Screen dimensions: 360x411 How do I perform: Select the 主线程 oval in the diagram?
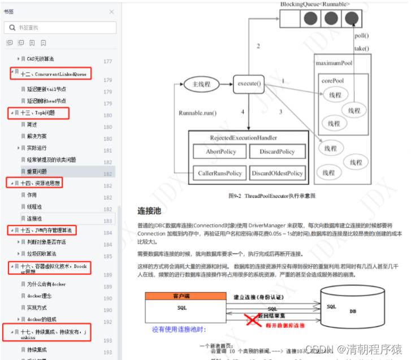point(201,85)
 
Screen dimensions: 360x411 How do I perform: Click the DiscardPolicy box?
point(277,151)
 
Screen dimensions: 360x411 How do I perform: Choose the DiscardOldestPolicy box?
point(277,173)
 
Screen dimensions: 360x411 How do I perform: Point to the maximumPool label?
point(341,63)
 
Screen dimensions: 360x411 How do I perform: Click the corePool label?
point(333,81)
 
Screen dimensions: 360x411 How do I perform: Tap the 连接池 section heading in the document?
point(149,211)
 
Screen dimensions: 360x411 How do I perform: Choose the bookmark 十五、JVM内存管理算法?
point(46,230)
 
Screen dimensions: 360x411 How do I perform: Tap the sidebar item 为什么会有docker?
point(46,284)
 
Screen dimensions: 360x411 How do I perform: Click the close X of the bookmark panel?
point(111,11)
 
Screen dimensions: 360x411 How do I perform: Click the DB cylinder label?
point(353,311)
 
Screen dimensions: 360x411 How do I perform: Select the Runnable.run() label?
point(198,112)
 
